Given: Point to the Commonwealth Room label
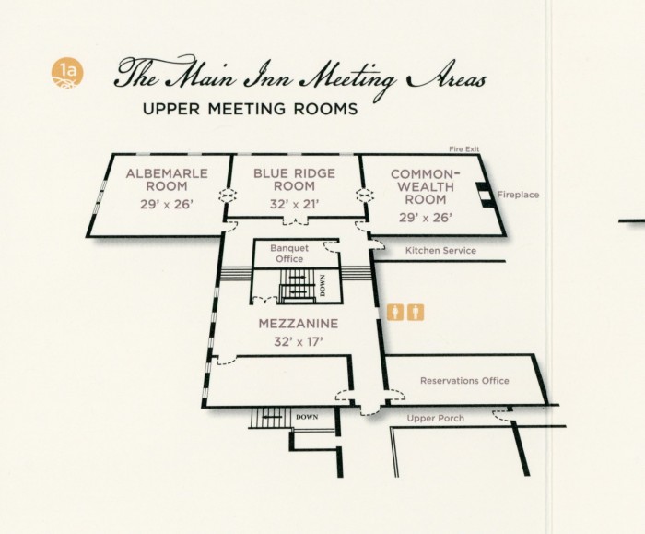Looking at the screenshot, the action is coord(424,186).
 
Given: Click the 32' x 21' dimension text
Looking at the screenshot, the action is coord(294,204).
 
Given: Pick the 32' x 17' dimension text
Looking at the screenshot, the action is coord(299,341).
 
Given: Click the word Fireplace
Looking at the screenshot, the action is coord(518,196).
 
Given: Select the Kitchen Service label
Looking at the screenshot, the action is coord(440,251).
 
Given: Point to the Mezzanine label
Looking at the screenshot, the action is coord(299,324).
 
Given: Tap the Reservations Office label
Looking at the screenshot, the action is coord(463,381).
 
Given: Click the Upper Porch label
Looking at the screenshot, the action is coord(436,419).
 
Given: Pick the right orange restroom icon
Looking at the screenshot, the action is coord(416,312).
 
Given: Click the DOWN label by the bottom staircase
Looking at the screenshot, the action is coord(307,418).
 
